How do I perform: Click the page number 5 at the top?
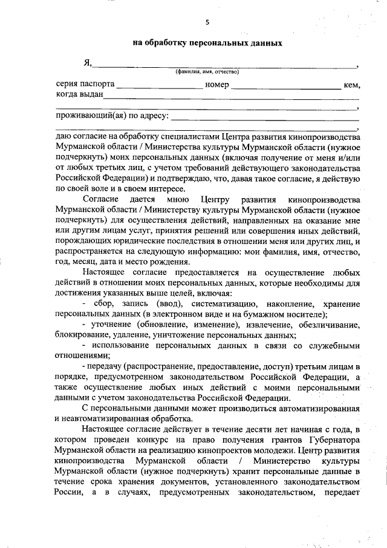pyautogui.click(x=207, y=23)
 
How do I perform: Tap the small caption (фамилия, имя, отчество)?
pyautogui.click(x=207, y=71)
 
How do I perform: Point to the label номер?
pyautogui.click(x=217, y=85)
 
